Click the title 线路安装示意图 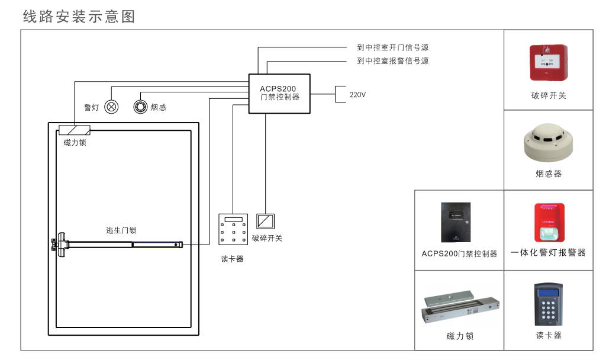[79, 17]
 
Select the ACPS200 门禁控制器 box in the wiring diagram [279, 93]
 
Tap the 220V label [357, 94]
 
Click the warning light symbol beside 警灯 [111, 107]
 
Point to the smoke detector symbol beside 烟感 [140, 107]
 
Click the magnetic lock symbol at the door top [75, 130]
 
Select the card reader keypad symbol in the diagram [233, 230]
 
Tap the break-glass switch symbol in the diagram [265, 221]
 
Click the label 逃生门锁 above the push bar [121, 230]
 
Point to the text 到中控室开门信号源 [392, 47]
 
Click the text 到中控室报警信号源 [392, 61]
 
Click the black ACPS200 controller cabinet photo [459, 223]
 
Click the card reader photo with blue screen [548, 303]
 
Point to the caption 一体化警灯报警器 [548, 253]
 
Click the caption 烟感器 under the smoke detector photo [548, 174]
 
